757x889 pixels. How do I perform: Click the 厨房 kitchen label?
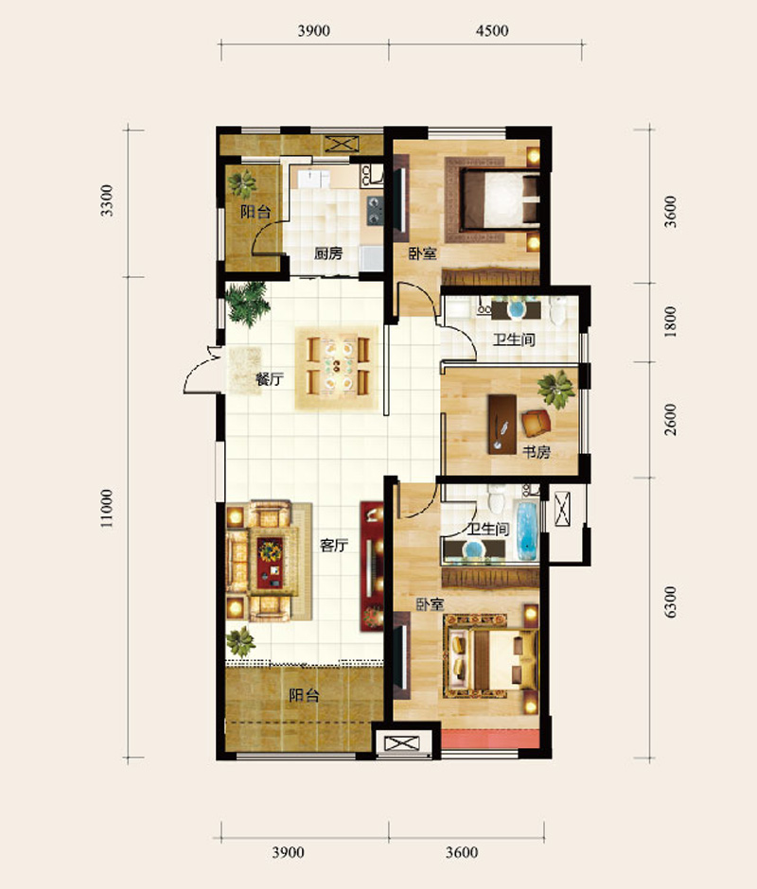tap(328, 253)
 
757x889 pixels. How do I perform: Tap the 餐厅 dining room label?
tap(269, 378)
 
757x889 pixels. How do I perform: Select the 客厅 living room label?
tap(334, 546)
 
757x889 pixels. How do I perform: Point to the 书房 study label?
tap(537, 452)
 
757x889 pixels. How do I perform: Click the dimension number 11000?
tap(107, 508)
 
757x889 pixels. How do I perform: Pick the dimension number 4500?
tap(492, 30)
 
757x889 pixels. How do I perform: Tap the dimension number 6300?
tap(670, 602)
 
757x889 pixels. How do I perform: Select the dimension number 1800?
tap(670, 322)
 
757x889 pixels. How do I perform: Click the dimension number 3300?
tap(107, 200)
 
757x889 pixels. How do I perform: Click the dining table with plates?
tap(338, 366)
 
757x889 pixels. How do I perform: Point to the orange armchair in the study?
tap(537, 423)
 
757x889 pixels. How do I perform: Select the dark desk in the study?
tap(502, 424)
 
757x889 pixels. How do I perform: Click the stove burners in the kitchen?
tap(375, 210)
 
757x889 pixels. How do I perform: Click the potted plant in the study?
tap(556, 390)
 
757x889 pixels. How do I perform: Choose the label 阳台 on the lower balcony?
tap(304, 695)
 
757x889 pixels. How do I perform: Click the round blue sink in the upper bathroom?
tap(517, 309)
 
